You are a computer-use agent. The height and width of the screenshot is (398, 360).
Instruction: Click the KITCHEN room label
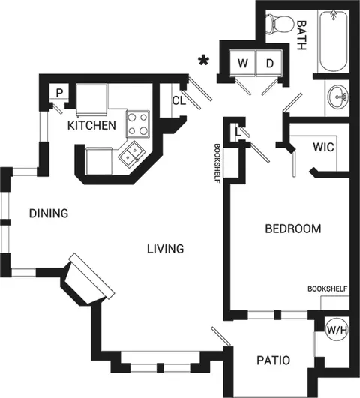click(91, 126)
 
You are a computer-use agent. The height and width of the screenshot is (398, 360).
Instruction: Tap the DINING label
click(49, 214)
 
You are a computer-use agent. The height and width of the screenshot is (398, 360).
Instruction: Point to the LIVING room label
click(166, 249)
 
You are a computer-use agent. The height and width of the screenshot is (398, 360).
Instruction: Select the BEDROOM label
click(293, 229)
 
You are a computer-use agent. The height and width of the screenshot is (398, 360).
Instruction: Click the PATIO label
click(273, 361)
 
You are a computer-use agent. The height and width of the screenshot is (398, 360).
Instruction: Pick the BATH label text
click(301, 35)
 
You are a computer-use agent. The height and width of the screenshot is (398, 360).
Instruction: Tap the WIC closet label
click(323, 147)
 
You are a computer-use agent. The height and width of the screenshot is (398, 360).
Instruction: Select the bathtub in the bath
click(334, 41)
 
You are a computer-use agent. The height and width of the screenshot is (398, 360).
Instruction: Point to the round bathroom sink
click(338, 97)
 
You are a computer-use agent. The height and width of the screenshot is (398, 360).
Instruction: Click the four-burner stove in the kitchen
click(138, 124)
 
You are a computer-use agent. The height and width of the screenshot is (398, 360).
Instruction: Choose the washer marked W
click(243, 63)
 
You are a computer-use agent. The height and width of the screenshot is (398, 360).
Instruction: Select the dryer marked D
click(269, 63)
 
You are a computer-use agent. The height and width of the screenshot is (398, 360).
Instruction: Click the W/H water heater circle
click(337, 331)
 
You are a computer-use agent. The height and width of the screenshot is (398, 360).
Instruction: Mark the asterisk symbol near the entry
click(204, 61)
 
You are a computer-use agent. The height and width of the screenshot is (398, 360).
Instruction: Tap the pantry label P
click(59, 93)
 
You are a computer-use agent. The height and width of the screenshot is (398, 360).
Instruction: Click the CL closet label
click(179, 100)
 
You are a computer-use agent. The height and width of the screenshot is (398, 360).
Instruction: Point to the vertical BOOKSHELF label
click(217, 163)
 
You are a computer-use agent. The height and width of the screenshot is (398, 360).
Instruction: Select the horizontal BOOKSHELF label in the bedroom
click(328, 289)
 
